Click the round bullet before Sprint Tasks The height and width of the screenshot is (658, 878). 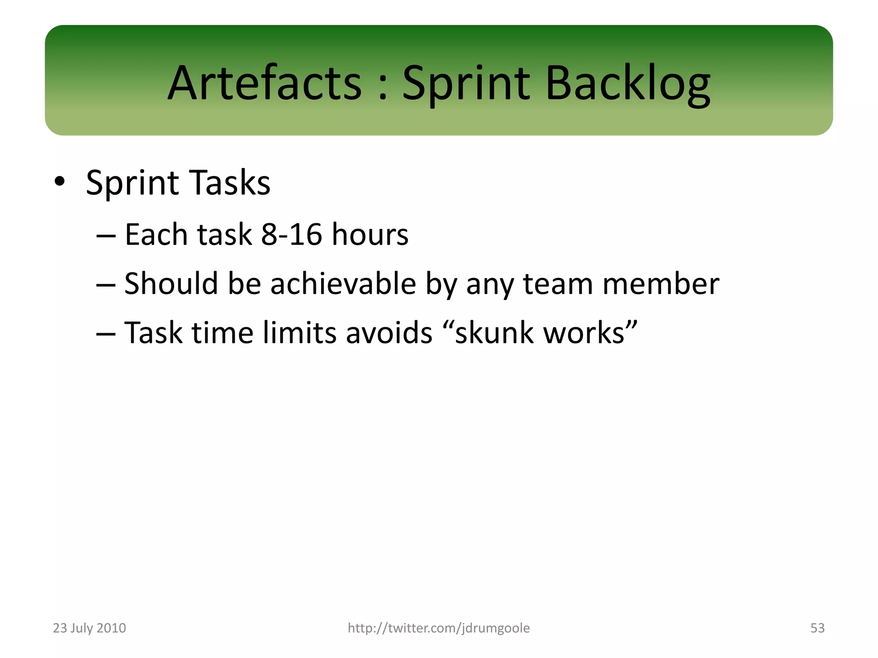click(60, 182)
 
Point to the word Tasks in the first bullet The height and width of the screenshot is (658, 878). click(229, 182)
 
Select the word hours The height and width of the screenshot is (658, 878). click(370, 234)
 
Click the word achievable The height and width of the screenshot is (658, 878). click(343, 284)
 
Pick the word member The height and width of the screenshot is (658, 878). click(661, 284)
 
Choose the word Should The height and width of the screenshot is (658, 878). click(171, 284)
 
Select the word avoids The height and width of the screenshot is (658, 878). click(389, 332)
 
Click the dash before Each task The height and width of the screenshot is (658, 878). click(105, 235)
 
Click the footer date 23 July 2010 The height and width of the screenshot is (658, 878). click(89, 628)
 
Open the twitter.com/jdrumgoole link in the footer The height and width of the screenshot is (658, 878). click(439, 628)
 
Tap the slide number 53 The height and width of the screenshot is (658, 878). click(817, 628)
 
